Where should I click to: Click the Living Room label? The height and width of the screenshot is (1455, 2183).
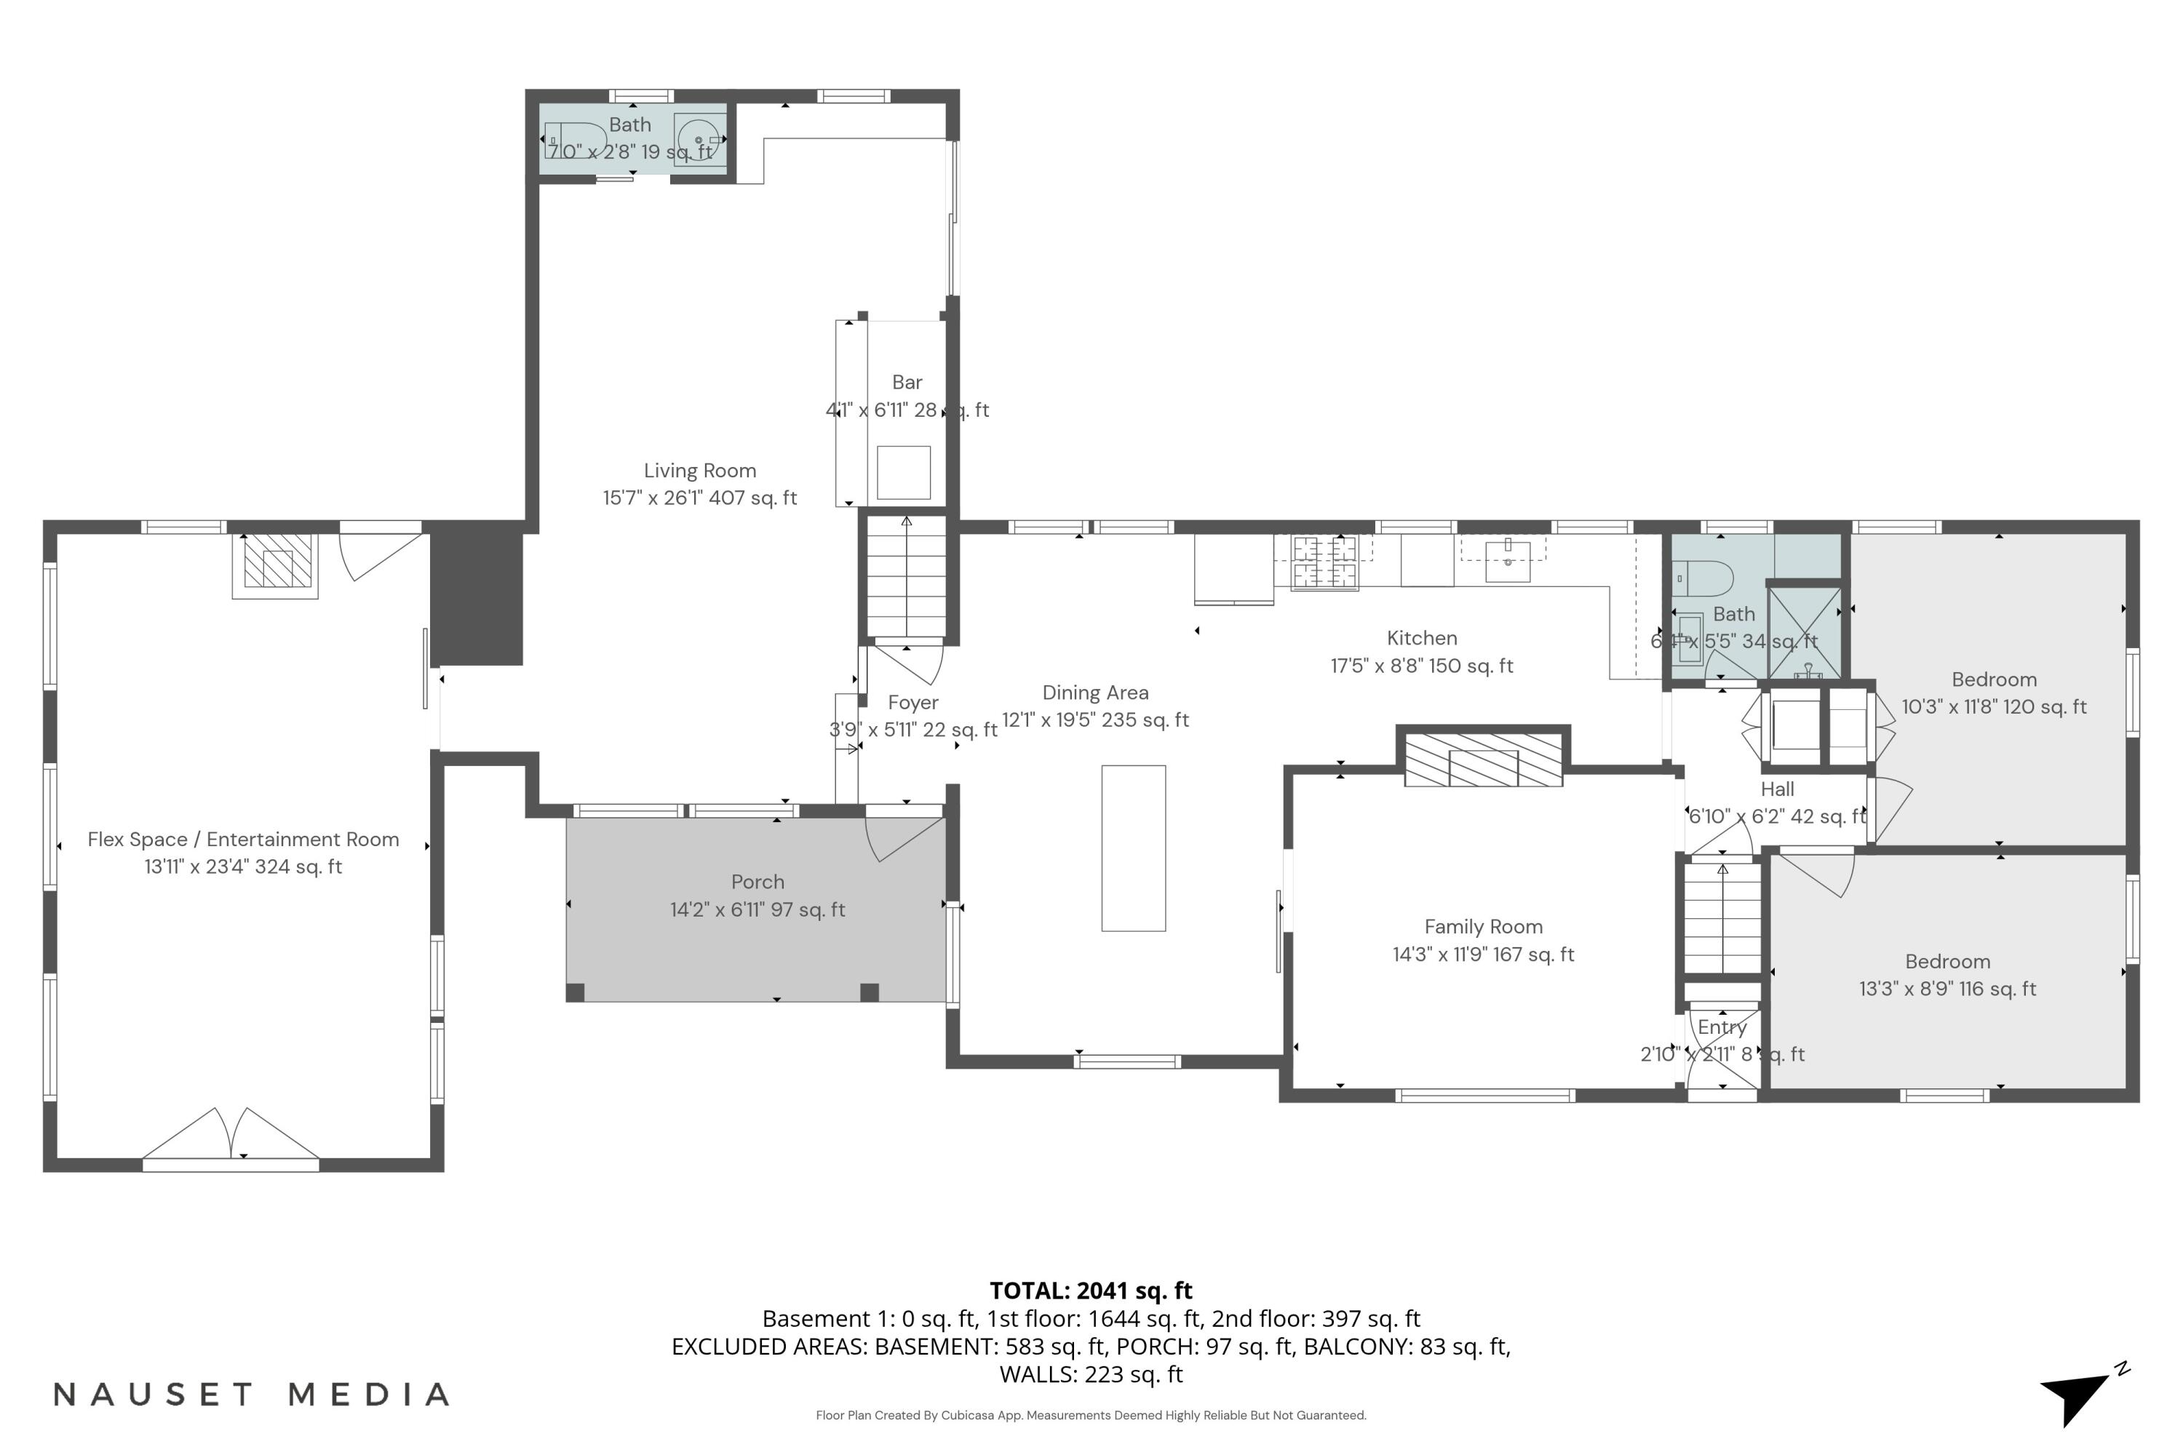click(x=700, y=471)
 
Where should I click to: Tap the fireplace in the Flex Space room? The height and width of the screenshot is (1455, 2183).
click(x=275, y=562)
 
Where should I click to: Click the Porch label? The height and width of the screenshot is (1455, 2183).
click(x=758, y=882)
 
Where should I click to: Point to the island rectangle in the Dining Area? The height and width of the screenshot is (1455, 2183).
click(x=1133, y=848)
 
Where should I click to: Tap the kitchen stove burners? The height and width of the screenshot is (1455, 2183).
click(x=1324, y=562)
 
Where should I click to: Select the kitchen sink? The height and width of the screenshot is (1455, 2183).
click(x=1507, y=559)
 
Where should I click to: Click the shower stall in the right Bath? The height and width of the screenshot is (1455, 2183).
click(x=1805, y=631)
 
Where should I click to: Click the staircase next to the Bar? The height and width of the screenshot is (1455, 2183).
click(x=906, y=577)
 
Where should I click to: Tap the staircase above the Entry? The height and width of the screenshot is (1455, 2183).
click(x=1722, y=919)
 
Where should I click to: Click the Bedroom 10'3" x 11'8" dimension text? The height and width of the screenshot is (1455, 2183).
click(x=1994, y=707)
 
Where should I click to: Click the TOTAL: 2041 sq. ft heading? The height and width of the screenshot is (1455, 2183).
click(x=1091, y=1291)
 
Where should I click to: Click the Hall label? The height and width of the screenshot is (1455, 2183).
click(x=1776, y=789)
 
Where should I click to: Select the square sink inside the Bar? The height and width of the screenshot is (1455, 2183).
click(x=903, y=472)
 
